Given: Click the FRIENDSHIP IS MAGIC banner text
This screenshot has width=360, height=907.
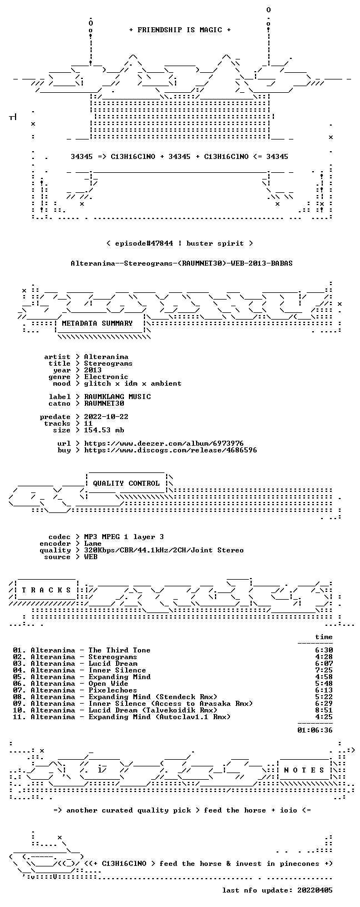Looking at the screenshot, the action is (x=180, y=30).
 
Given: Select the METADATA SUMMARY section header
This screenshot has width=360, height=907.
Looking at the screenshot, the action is (x=97, y=323).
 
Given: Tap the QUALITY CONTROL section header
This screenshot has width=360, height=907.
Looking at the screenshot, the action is (x=126, y=484).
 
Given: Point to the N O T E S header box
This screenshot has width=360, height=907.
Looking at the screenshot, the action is (x=304, y=770).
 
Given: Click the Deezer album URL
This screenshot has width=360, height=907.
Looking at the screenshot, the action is (x=164, y=443).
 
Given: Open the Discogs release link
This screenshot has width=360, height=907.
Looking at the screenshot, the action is (x=171, y=450).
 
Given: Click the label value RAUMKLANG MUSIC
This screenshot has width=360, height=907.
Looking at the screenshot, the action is (x=117, y=397).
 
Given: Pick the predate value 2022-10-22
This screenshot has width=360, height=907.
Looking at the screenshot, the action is (x=106, y=417).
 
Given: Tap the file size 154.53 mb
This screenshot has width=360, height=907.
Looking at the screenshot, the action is (x=104, y=430).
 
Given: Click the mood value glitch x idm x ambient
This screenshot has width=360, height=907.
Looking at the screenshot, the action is (x=133, y=383).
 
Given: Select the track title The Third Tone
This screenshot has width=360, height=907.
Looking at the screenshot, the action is (x=119, y=650).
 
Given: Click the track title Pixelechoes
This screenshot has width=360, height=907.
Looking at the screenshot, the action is (x=113, y=690).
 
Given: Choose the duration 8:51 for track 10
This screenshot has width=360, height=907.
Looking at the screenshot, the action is (x=324, y=710).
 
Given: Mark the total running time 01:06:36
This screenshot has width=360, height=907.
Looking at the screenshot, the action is (x=315, y=730).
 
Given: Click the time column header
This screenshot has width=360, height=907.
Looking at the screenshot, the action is (x=324, y=637).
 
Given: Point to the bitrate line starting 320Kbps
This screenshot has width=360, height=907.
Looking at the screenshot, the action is (x=164, y=550).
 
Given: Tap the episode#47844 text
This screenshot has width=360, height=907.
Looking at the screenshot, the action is (x=144, y=243).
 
